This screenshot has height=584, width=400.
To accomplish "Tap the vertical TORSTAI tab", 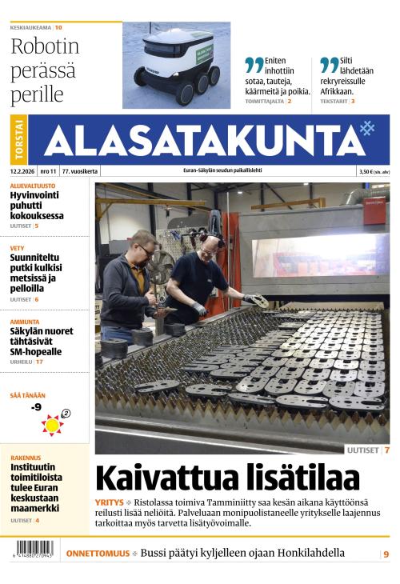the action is click(x=19, y=140).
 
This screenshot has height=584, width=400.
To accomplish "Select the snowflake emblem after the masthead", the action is click(x=366, y=129).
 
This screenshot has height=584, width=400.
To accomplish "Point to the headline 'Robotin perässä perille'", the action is click(x=45, y=70).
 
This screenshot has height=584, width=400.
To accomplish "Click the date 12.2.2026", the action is click(x=22, y=171).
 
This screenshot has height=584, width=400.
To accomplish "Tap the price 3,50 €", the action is click(x=368, y=171).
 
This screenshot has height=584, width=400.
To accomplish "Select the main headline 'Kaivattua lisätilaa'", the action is click(x=227, y=478).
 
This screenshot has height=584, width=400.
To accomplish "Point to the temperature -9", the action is click(x=36, y=407).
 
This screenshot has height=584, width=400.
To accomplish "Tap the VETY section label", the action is click(x=18, y=248).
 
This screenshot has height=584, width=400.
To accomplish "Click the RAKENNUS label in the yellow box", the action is click(x=26, y=458).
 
